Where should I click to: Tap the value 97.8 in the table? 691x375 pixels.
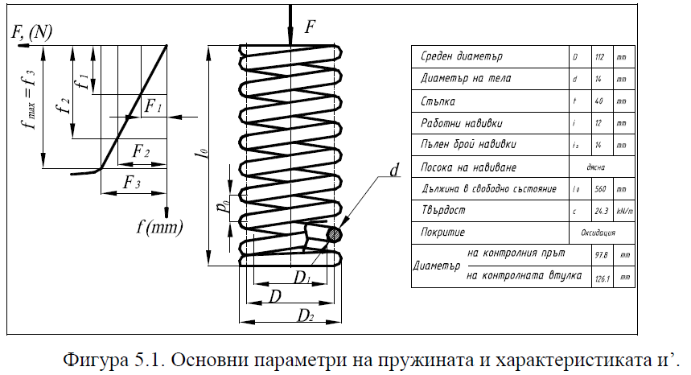(598, 254)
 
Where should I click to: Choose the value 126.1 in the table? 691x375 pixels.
(598, 276)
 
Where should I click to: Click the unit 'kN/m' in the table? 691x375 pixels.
(621, 211)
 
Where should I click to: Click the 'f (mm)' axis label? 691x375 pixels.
(159, 228)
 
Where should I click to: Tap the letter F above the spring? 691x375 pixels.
(310, 27)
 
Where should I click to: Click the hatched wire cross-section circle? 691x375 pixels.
(333, 235)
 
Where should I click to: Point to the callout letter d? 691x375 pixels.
(393, 171)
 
